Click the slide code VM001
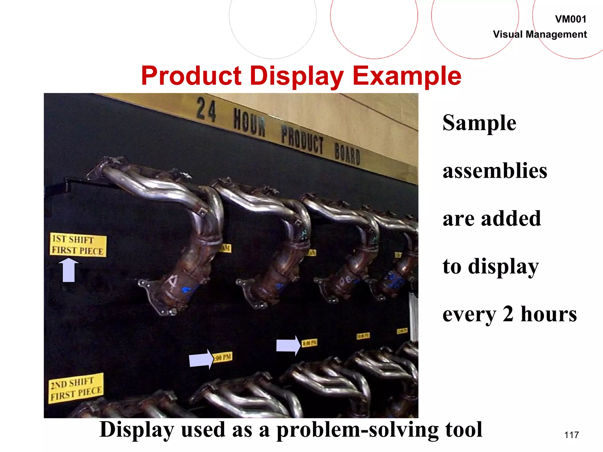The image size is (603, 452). coord(570,19)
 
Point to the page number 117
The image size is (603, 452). coord(571,435)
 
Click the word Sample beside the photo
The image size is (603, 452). coord(479,123)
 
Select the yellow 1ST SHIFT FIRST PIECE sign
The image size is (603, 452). coord(78,245)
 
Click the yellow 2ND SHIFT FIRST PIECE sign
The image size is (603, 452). coord(76,388)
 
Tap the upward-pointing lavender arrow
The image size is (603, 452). coord(69,270)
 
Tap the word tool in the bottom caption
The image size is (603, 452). coord(463,430)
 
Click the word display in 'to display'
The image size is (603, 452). coord(503,267)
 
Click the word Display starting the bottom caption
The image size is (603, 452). coord(137,430)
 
